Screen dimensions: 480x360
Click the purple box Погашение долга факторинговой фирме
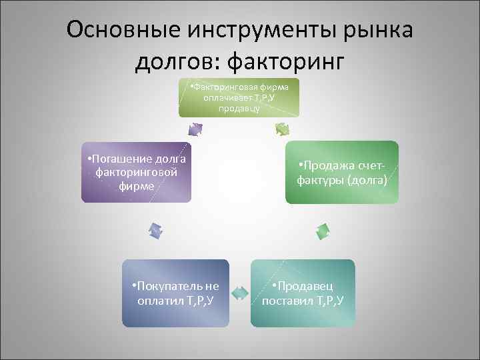click(136, 172)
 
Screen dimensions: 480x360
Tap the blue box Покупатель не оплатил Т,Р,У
click(175, 293)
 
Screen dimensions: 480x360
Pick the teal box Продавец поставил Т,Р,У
click(303, 293)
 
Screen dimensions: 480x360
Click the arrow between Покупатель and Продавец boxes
click(239, 291)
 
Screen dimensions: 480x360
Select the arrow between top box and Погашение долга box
click(195, 128)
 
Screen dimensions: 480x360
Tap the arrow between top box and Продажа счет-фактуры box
click(282, 128)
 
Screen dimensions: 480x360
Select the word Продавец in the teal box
click(306, 286)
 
